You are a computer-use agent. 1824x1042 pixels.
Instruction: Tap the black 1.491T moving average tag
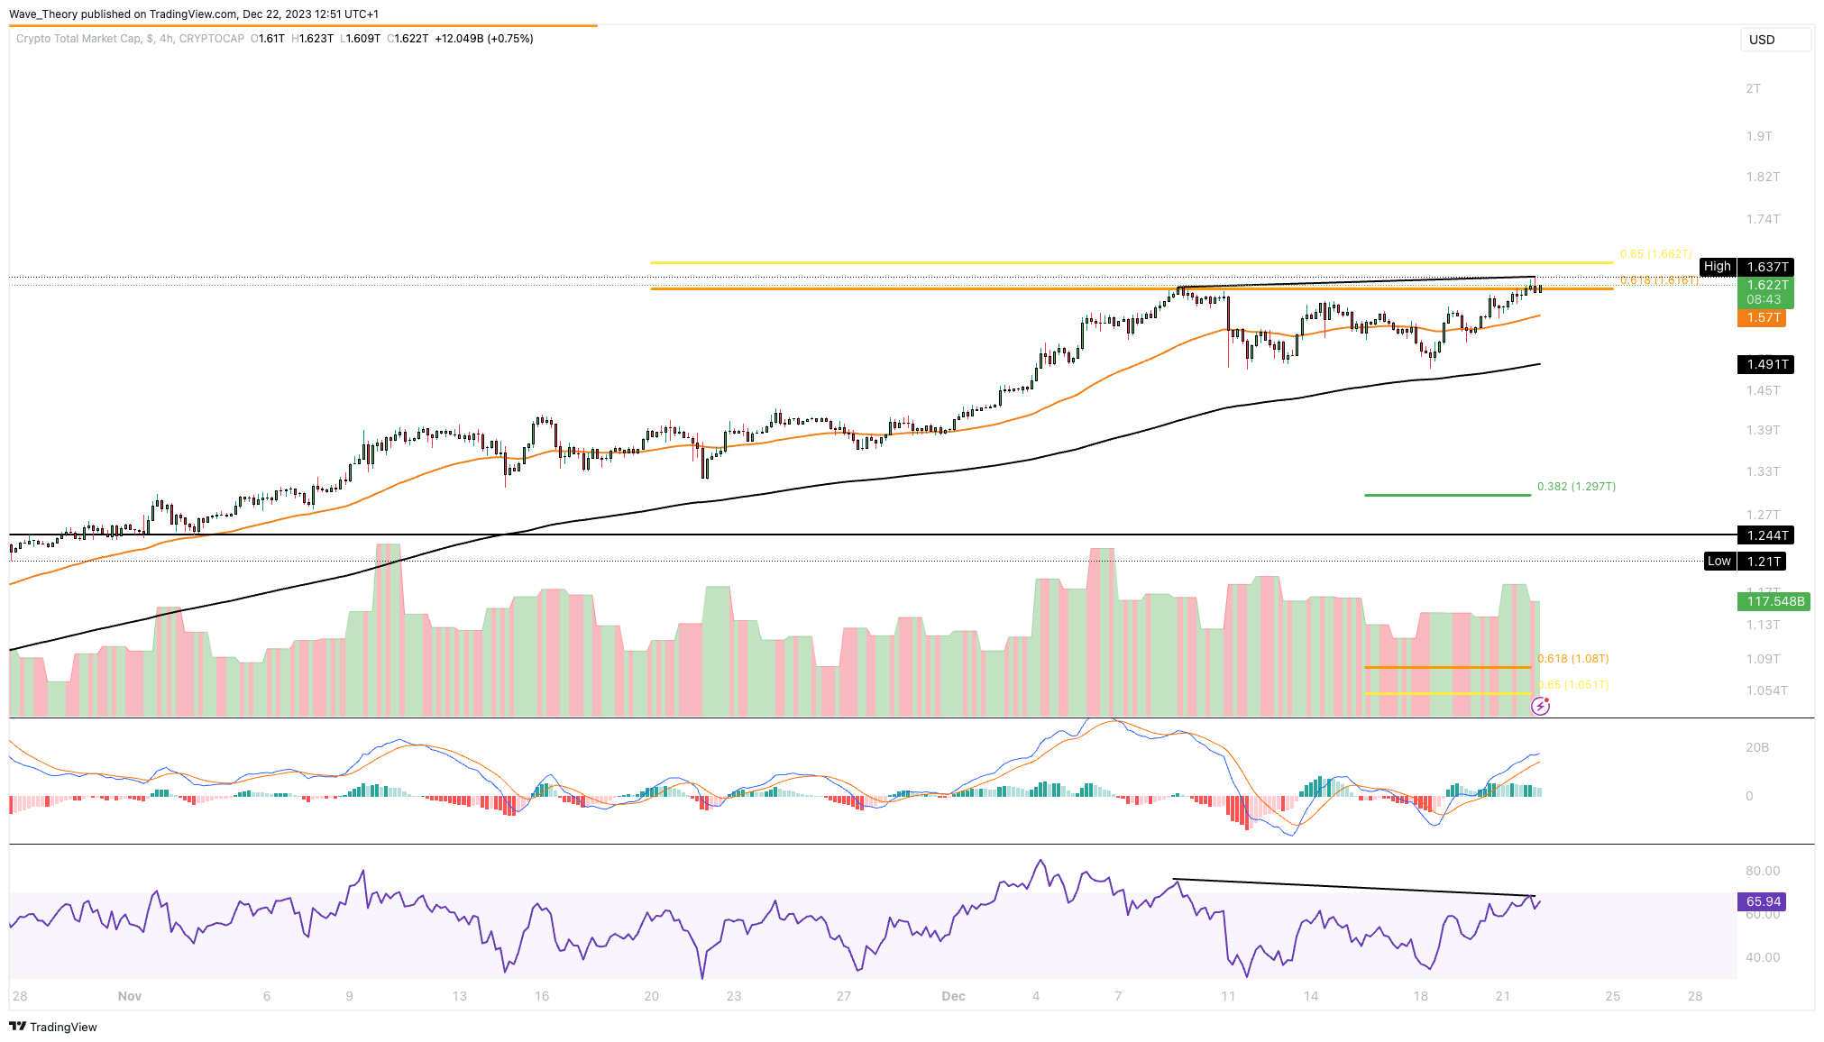point(1765,364)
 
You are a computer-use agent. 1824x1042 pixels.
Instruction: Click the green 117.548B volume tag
point(1773,601)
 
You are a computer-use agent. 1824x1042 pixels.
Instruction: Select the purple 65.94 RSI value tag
point(1762,901)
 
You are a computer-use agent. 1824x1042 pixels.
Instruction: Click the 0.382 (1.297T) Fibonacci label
point(1576,487)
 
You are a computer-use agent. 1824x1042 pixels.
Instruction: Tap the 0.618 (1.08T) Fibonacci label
point(1572,659)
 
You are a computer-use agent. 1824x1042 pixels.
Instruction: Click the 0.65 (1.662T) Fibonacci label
point(1655,254)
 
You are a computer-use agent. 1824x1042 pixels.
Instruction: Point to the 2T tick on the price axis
point(1753,88)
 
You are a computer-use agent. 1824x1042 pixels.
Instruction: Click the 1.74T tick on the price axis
point(1762,219)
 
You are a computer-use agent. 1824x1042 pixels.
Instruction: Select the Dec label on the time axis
point(953,996)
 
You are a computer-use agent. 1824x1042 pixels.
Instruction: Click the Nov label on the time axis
point(130,996)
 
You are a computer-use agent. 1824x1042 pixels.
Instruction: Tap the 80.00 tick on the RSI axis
point(1762,871)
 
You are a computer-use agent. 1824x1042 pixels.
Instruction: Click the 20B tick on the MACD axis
point(1756,747)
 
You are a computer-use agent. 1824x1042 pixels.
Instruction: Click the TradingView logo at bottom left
point(53,1027)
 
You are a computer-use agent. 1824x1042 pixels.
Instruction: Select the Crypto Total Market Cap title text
point(78,39)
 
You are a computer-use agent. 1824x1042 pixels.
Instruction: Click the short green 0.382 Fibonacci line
point(1447,495)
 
